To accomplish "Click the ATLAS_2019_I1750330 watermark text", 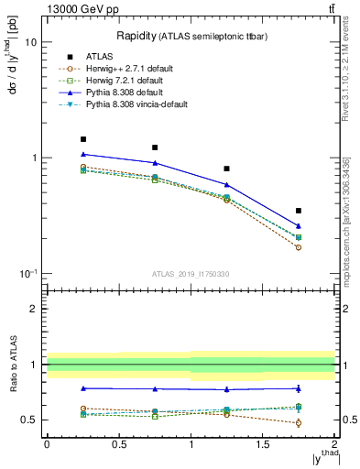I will pyautogui.click(x=190, y=274).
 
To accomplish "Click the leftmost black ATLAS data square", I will pyautogui.click(x=83, y=139).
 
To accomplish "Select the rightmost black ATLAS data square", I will pyautogui.click(x=299, y=211).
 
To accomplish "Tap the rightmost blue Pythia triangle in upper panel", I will pyautogui.click(x=299, y=225).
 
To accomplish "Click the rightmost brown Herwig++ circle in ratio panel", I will pyautogui.click(x=299, y=422).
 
